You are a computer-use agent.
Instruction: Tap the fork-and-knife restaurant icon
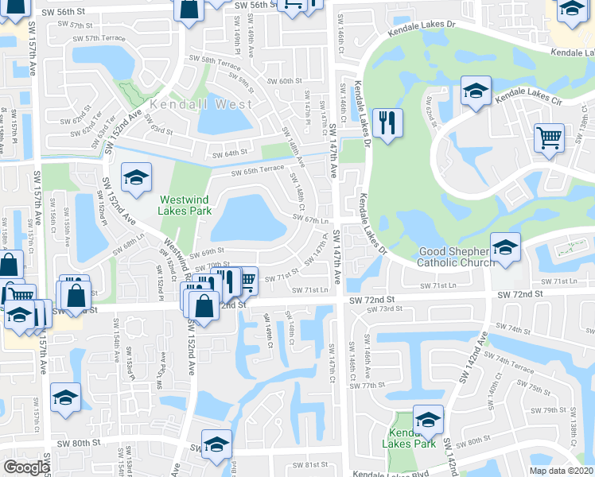(387, 123)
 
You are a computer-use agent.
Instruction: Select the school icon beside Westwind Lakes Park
(136, 178)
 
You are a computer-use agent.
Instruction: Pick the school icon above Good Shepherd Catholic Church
(505, 247)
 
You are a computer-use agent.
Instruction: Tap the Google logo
(26, 467)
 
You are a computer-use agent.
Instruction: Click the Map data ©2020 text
(560, 471)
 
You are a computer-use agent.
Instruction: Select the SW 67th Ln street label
(311, 220)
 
